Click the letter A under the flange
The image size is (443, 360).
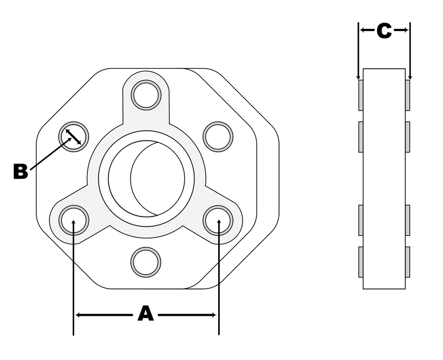coord(145,314)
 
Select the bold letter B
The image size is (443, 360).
coord(20,172)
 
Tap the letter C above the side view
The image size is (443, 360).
coord(384,31)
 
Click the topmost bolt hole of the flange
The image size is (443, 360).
coord(146,95)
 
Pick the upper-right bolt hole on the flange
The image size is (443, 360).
coord(218,136)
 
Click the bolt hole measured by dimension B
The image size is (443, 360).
coord(74,136)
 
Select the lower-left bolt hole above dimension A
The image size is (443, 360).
coord(74,219)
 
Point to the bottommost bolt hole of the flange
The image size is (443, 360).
coord(146,261)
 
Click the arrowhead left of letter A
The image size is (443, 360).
coord(79,315)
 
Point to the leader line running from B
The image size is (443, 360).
coord(49,155)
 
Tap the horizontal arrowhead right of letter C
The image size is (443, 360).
coord(405,31)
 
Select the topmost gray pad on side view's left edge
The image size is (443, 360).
coord(360,95)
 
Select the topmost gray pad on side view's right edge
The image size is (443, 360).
coord(408,95)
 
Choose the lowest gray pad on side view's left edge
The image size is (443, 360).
coord(360,261)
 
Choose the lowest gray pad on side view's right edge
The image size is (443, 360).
coord(408,261)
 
